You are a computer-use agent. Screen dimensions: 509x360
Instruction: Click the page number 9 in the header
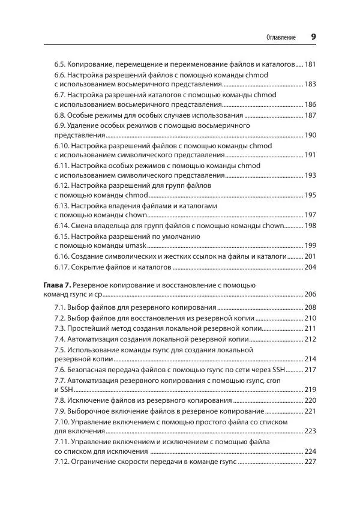[313, 37]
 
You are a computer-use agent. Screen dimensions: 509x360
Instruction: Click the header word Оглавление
[281, 37]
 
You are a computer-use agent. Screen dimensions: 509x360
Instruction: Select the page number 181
[310, 64]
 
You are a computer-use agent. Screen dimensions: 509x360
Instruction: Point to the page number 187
[310, 115]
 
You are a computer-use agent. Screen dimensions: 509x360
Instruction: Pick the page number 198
[310, 225]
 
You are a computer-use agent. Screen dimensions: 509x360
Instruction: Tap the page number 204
[310, 267]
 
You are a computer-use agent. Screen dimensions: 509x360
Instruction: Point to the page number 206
[310, 294]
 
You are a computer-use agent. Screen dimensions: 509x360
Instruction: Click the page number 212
[310, 339]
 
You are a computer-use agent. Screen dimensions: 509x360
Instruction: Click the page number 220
[310, 400]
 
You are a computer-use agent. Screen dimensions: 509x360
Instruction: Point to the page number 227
[310, 462]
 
